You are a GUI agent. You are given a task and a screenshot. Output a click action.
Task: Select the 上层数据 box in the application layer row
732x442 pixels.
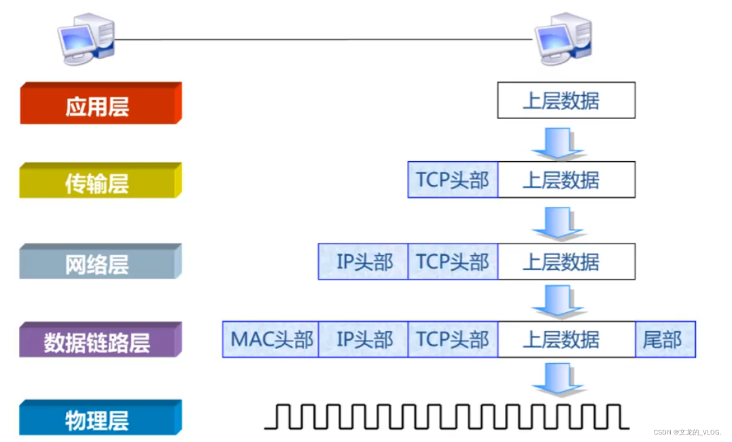pyautogui.click(x=566, y=101)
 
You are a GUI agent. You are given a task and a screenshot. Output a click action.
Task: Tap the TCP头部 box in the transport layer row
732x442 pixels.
pyautogui.click(x=453, y=180)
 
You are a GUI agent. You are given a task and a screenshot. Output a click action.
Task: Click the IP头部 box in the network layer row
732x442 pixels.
pyautogui.click(x=364, y=262)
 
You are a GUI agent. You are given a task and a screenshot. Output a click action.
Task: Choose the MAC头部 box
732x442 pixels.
pyautogui.click(x=271, y=339)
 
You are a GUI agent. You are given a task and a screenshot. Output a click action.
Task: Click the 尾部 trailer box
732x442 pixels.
pyautogui.click(x=665, y=339)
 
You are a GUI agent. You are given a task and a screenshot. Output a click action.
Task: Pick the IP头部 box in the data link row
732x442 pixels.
pyautogui.click(x=364, y=339)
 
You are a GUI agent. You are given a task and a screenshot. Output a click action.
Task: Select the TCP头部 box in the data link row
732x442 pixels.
pyautogui.click(x=453, y=339)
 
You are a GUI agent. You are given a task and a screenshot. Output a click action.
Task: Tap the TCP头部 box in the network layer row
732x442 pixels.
pyautogui.click(x=453, y=262)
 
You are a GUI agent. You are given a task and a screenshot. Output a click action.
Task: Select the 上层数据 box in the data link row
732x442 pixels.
pyautogui.click(x=566, y=339)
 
